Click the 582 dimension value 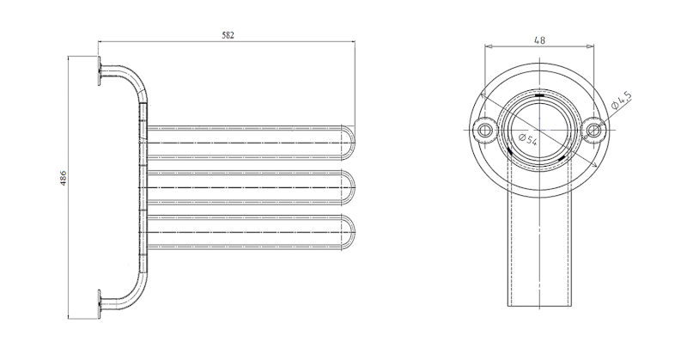point(228,35)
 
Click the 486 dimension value point(63,178)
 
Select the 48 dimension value point(540,40)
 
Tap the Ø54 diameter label point(528,139)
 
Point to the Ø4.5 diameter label point(621,100)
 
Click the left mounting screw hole point(484,131)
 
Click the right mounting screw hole point(593,131)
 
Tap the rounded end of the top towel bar point(349,143)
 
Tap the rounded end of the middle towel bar point(349,187)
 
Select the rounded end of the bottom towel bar point(349,232)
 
